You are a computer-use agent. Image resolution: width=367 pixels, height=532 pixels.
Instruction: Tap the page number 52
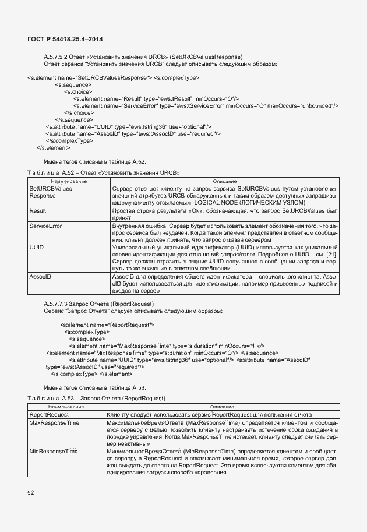(x=31, y=493)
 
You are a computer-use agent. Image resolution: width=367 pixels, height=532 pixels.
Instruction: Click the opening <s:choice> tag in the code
(x=78, y=91)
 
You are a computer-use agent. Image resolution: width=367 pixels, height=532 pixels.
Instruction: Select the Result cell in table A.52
(x=38, y=210)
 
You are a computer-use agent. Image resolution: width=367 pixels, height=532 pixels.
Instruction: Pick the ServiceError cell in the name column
(x=45, y=226)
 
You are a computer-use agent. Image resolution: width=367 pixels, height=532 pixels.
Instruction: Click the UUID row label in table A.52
(x=37, y=248)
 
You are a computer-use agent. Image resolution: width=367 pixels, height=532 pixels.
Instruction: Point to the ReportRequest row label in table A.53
(x=52, y=413)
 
